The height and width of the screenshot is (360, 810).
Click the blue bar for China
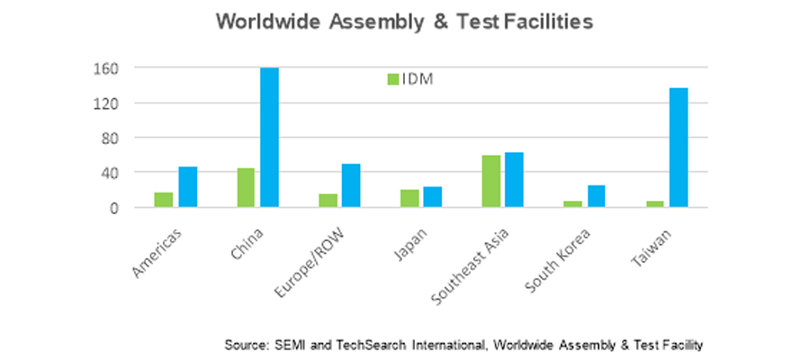click(269, 138)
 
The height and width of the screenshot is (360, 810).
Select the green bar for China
click(245, 188)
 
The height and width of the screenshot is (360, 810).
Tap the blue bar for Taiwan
click(679, 148)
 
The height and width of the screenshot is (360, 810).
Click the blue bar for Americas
click(187, 187)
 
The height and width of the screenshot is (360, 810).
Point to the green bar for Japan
click(409, 198)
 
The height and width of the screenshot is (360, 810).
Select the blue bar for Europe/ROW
click(351, 185)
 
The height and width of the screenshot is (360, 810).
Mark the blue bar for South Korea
click(597, 196)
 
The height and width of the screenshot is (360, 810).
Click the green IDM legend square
click(392, 79)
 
